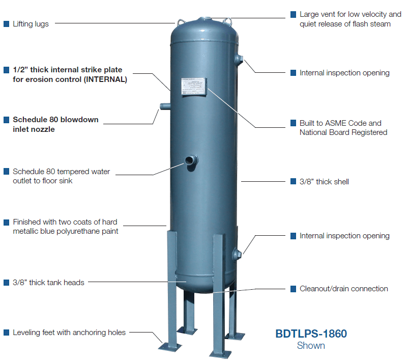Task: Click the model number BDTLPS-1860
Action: (311, 334)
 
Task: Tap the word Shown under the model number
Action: (311, 346)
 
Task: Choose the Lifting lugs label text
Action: (31, 24)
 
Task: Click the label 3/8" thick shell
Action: (324, 181)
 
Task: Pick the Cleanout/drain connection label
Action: (343, 289)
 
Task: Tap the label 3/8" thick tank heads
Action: (48, 283)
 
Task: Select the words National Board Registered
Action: (343, 132)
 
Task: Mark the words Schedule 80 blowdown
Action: (55, 120)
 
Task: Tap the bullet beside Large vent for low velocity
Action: (293, 14)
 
